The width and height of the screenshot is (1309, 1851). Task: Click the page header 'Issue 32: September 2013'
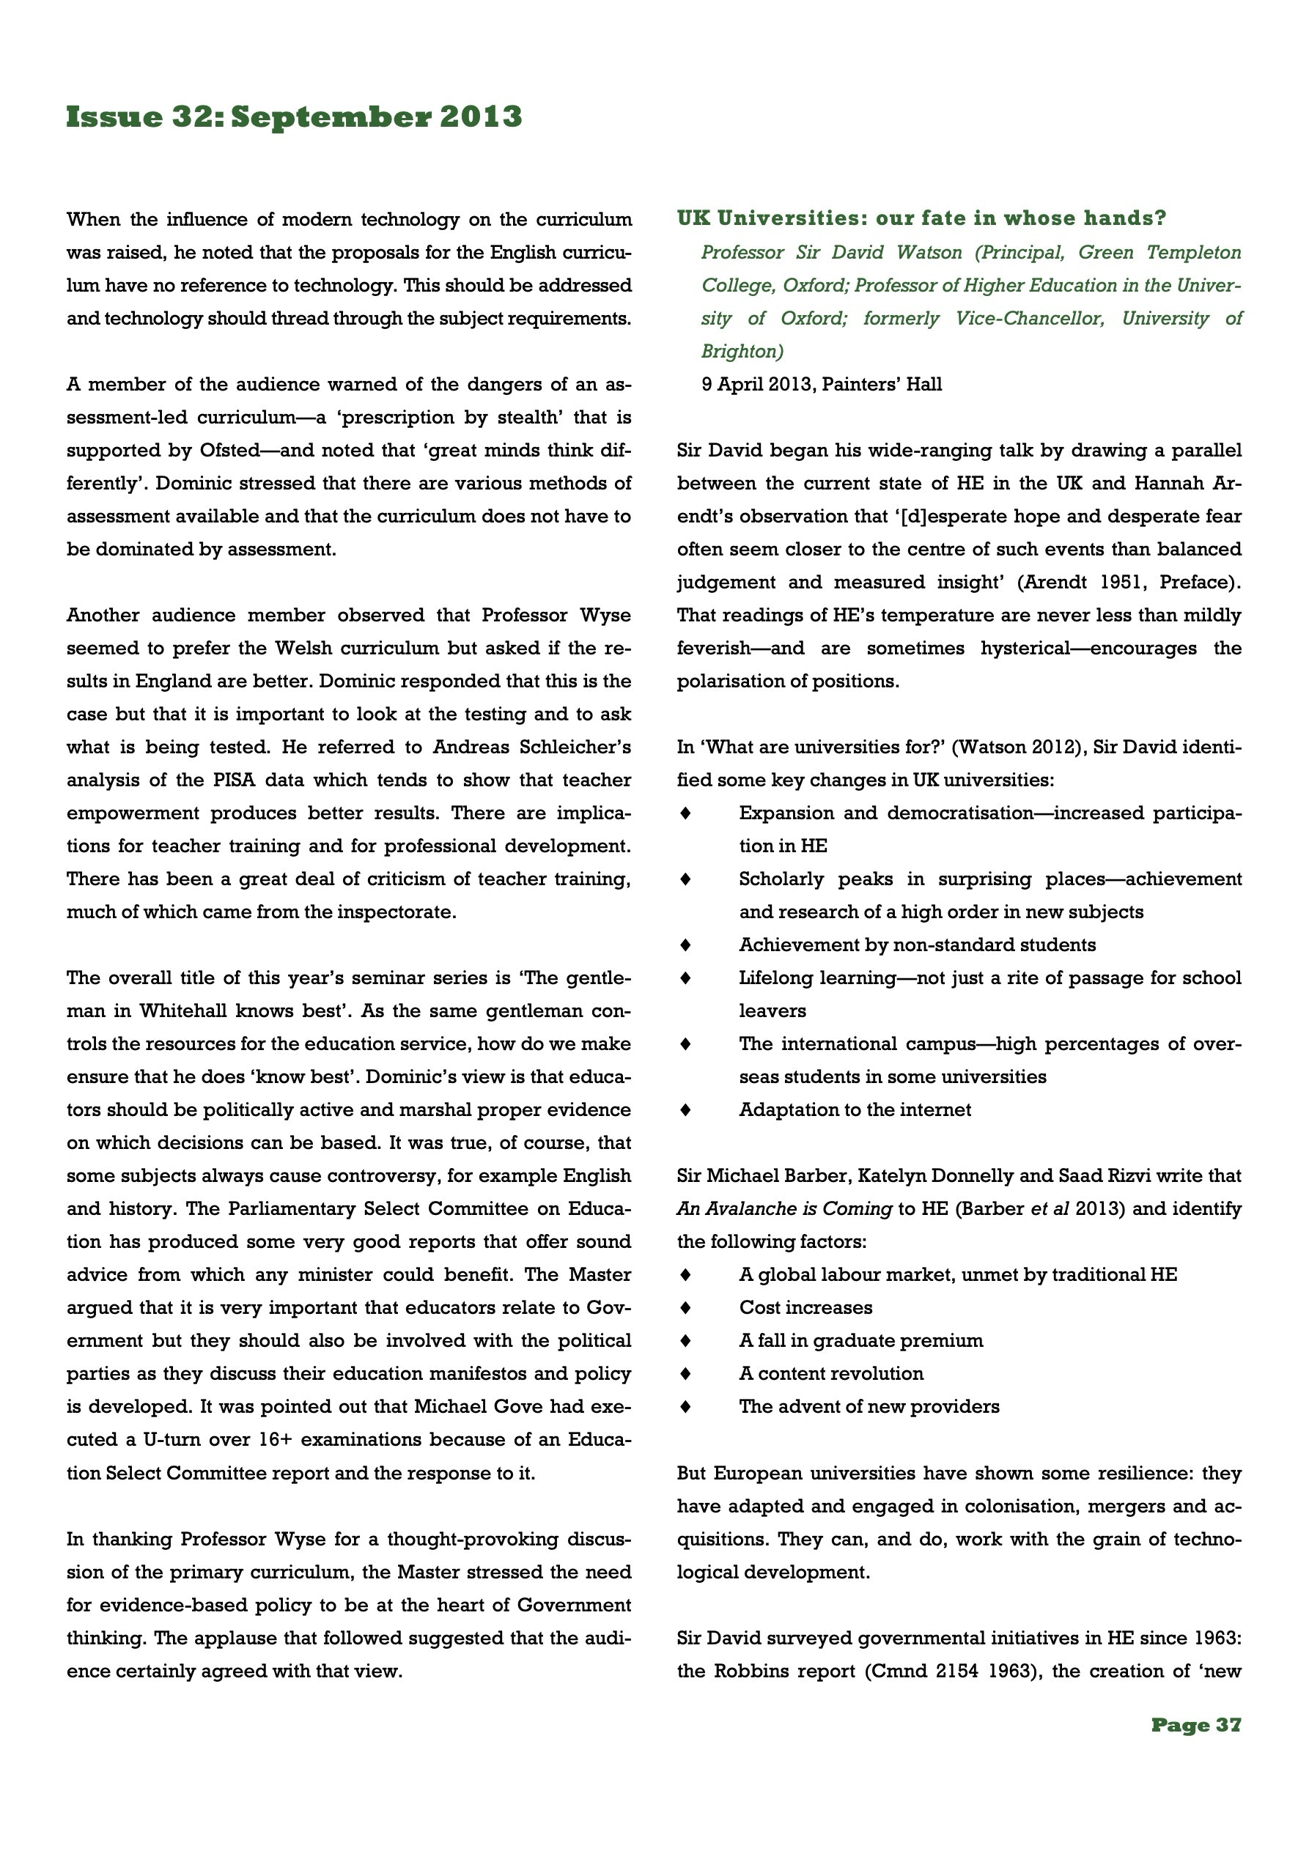click(x=294, y=117)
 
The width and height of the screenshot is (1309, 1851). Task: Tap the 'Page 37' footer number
click(x=1195, y=1724)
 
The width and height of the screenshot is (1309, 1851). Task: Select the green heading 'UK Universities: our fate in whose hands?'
click(x=921, y=218)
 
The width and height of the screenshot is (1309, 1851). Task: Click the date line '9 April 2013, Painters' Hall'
click(x=821, y=384)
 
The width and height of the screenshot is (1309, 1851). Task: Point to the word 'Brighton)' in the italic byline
click(x=742, y=351)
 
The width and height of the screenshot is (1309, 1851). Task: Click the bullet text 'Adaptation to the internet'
click(x=854, y=1109)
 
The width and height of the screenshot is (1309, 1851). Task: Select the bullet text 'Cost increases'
click(x=805, y=1307)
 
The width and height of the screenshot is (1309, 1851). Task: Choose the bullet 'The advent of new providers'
click(x=869, y=1406)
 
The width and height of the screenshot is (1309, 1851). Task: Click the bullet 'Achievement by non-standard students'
click(x=917, y=944)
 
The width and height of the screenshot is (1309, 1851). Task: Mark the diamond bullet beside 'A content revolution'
click(x=685, y=1373)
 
